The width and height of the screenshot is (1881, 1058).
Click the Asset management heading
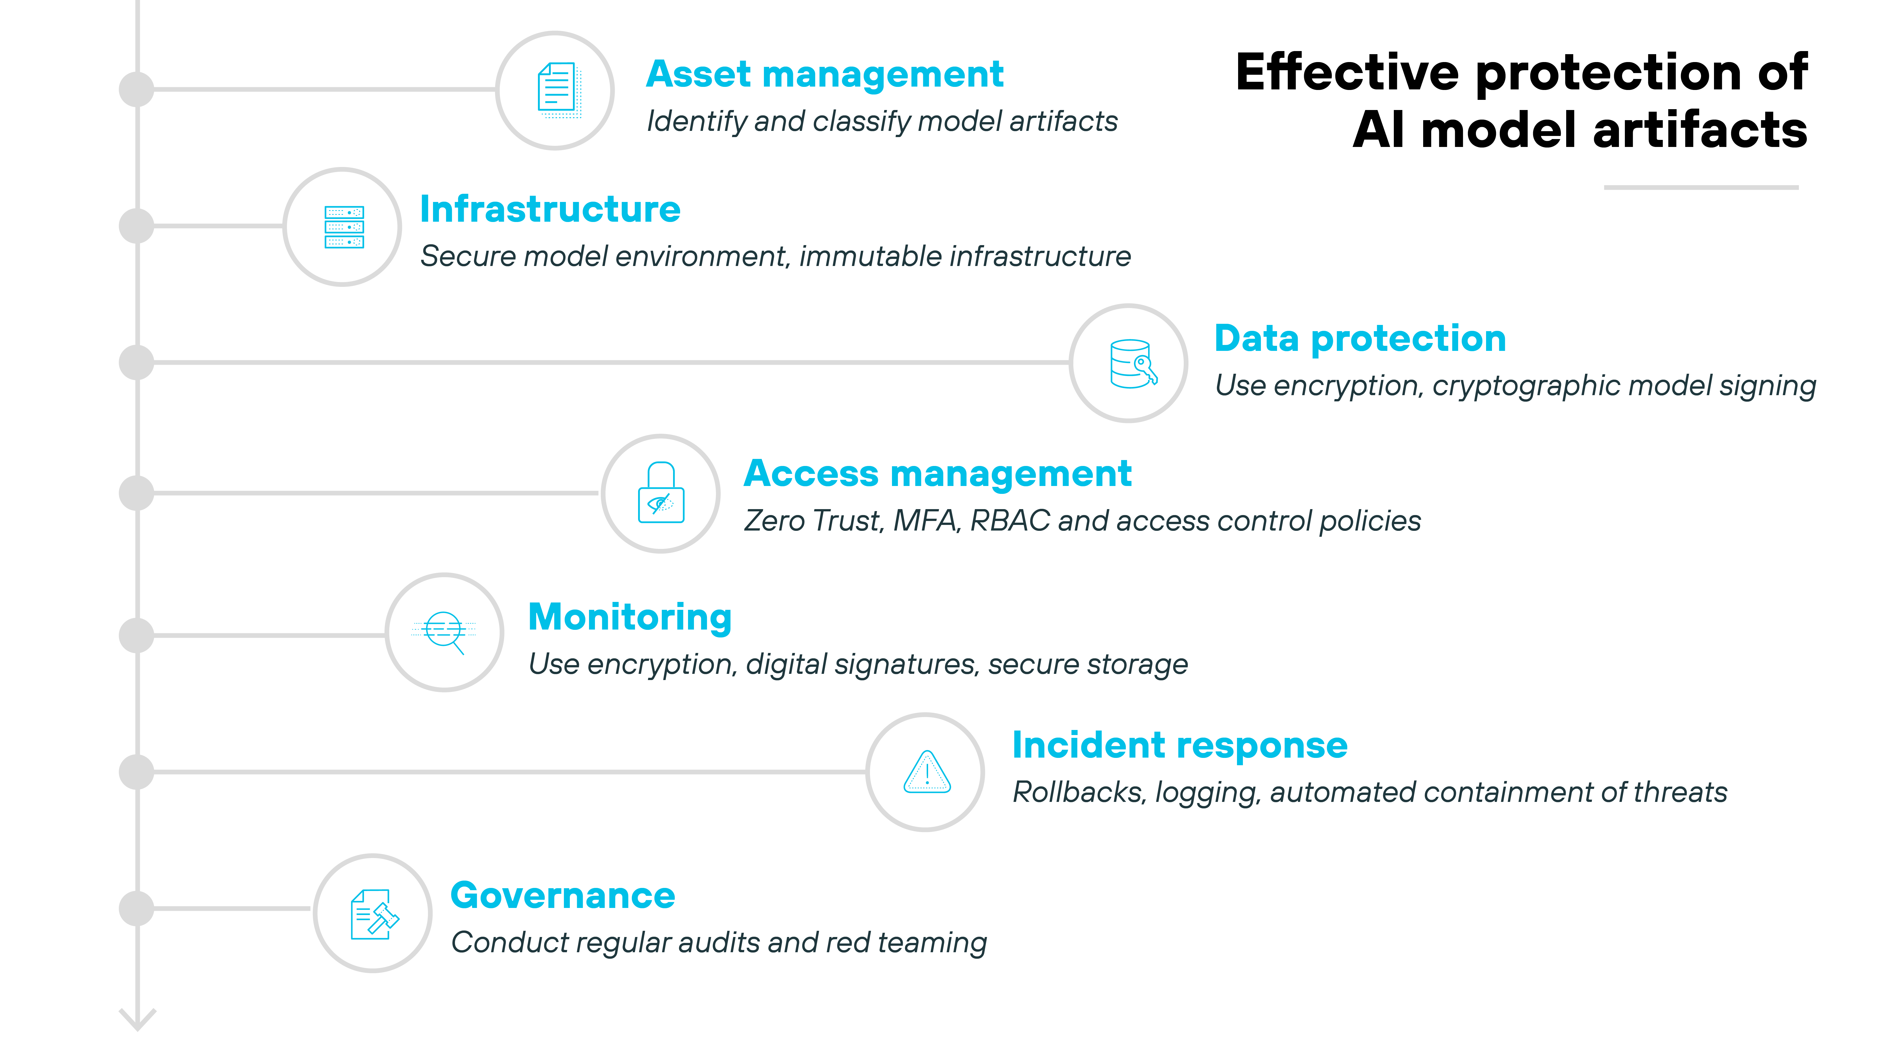[x=824, y=74]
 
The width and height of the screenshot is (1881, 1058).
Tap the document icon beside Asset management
[x=557, y=91]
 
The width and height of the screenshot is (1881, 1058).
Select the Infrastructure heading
[x=550, y=210]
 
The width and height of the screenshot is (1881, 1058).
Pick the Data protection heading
[x=1360, y=339]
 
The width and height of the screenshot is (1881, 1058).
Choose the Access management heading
[x=938, y=474]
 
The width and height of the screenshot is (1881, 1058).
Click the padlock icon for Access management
[x=661, y=494]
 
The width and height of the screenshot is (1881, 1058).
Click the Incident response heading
[x=1179, y=745]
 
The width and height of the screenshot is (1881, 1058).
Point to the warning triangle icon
[x=927, y=773]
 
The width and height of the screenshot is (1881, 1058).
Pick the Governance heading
[x=562, y=896]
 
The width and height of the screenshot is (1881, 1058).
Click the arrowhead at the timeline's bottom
[x=137, y=1020]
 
